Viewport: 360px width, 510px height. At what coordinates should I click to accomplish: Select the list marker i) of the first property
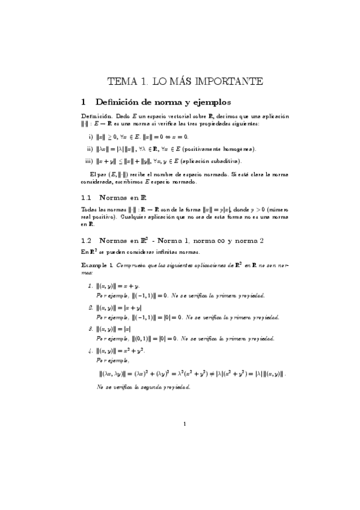91,137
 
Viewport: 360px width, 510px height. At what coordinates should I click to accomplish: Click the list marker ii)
90,149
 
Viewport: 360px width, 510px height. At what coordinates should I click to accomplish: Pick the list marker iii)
89,161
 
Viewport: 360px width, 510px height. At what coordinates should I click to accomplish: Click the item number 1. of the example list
90,286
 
